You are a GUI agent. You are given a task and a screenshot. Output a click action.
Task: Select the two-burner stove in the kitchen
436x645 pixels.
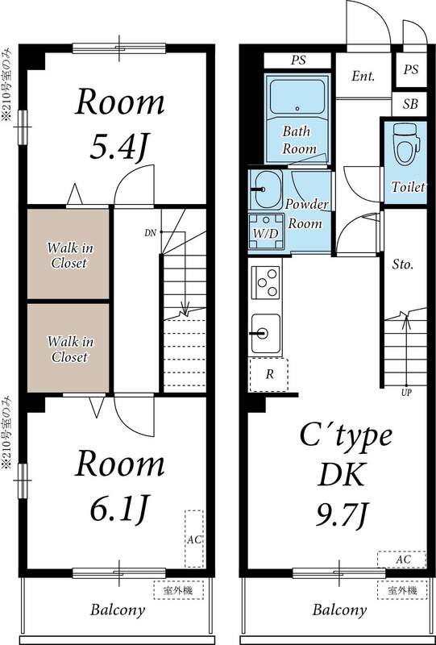pyautogui.click(x=266, y=283)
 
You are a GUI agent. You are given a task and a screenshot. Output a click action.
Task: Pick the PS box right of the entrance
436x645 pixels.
pyautogui.click(x=411, y=70)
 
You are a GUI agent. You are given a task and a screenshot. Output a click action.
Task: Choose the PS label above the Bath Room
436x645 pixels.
pyautogui.click(x=297, y=60)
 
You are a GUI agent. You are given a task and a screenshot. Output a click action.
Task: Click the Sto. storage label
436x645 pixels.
pyautogui.click(x=403, y=264)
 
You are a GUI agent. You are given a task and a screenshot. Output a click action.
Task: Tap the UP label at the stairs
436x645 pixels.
pyautogui.click(x=405, y=393)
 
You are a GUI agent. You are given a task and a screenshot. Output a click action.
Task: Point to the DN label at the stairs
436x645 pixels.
pyautogui.click(x=150, y=233)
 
